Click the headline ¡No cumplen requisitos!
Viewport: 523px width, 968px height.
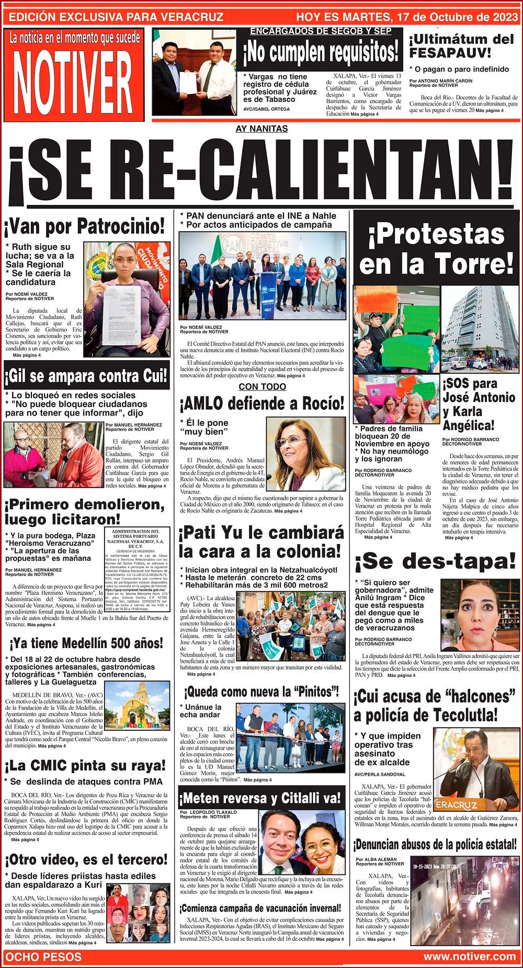tap(320, 52)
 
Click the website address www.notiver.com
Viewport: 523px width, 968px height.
tap(469, 957)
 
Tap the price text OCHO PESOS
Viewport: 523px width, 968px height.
tap(43, 957)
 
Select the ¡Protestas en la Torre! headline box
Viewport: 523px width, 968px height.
tap(436, 250)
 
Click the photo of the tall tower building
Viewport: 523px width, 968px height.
tap(480, 328)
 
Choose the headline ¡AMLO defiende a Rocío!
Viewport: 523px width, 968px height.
tap(261, 404)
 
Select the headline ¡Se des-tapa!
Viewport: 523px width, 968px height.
tap(435, 561)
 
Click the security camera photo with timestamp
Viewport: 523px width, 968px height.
tap(464, 899)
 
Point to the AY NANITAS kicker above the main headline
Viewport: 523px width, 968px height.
tap(261, 129)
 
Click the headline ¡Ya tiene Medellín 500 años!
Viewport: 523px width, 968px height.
tap(86, 643)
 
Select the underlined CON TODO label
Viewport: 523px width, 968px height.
tap(262, 387)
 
